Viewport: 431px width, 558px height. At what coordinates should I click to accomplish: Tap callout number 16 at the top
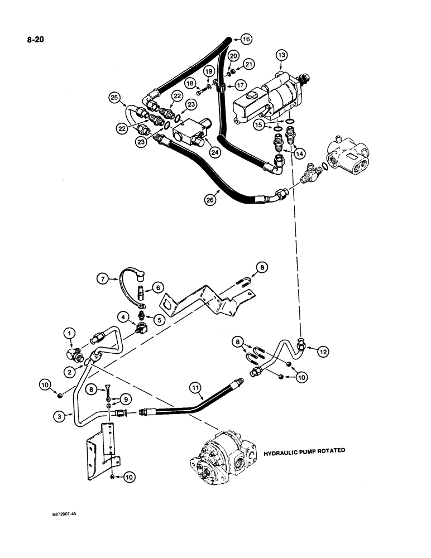(x=246, y=39)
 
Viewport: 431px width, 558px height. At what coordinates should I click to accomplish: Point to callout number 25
(x=115, y=99)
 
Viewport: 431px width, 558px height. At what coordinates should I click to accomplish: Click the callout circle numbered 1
(x=69, y=334)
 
